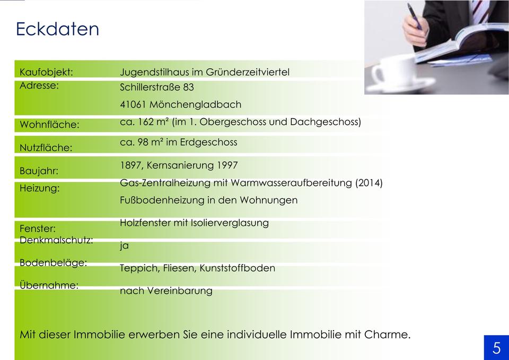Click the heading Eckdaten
(57, 29)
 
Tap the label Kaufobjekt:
(47, 72)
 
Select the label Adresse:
(39, 85)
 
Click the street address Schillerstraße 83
(157, 87)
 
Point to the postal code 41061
(133, 104)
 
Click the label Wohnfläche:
(50, 125)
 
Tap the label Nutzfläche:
(46, 148)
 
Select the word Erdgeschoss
(209, 142)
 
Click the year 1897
(130, 165)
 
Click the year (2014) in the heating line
(369, 183)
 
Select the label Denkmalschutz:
(57, 240)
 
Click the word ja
(124, 245)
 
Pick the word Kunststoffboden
(238, 268)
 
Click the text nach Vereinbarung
(166, 291)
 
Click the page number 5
(497, 348)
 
